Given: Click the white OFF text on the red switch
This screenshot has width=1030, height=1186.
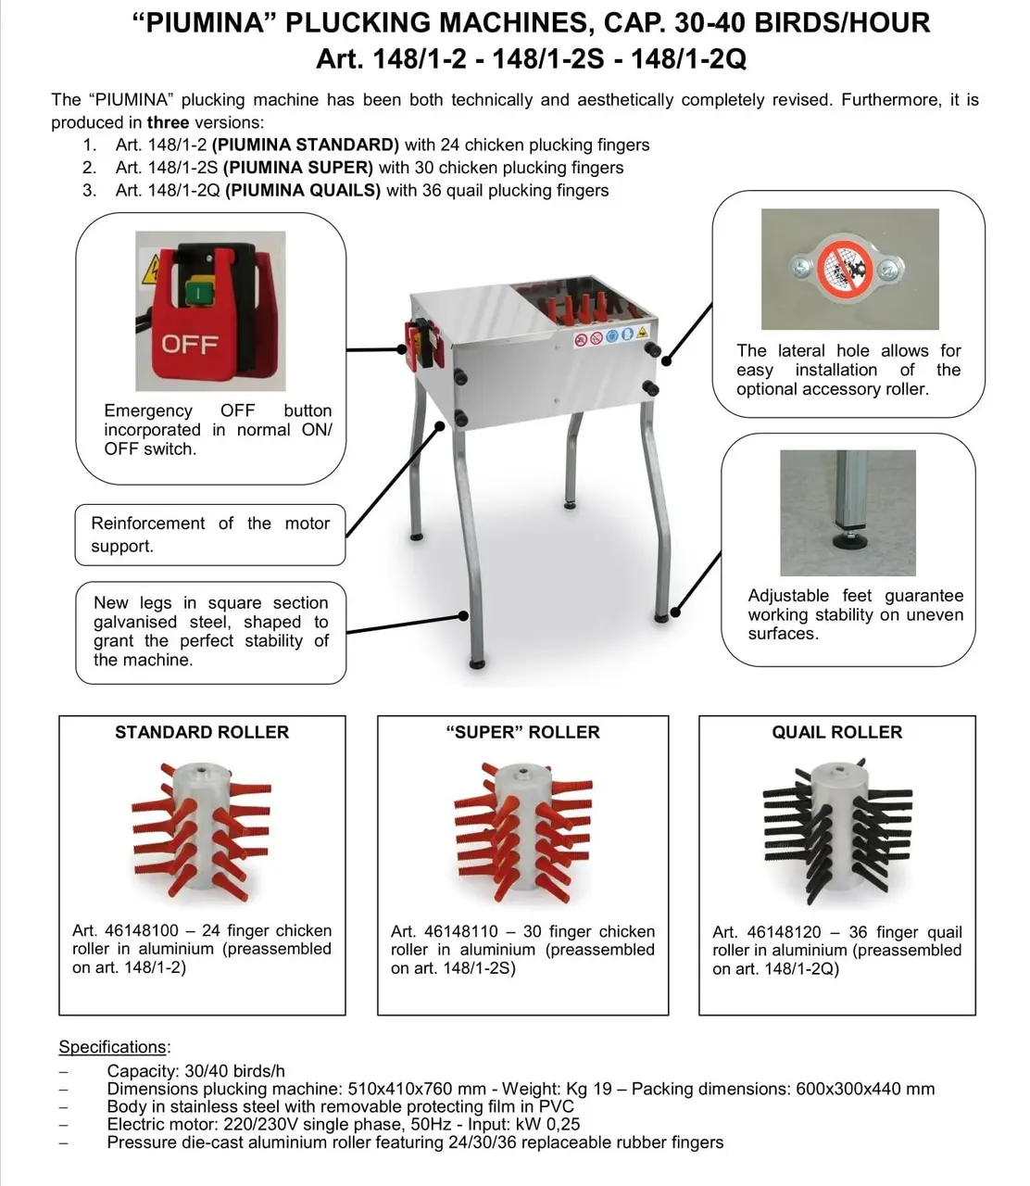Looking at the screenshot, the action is pyautogui.click(x=190, y=344).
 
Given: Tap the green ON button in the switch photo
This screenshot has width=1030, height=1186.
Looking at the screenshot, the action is pyautogui.click(x=198, y=292).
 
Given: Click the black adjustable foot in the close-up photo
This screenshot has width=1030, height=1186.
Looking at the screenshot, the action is pyautogui.click(x=848, y=541).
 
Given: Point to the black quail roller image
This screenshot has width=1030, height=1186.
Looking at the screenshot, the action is pyautogui.click(x=837, y=831).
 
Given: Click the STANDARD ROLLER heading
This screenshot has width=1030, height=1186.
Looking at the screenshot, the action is pyautogui.click(x=202, y=732).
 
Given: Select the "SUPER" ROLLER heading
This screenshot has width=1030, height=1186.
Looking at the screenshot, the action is pyautogui.click(x=522, y=732).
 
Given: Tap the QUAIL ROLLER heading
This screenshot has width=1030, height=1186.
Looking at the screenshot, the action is pyautogui.click(x=836, y=732).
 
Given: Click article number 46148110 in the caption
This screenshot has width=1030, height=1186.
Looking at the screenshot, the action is pyautogui.click(x=460, y=931).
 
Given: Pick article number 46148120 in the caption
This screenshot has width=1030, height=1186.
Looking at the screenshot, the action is pyautogui.click(x=784, y=931).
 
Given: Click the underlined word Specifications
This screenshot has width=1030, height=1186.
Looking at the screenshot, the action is pyautogui.click(x=112, y=1047).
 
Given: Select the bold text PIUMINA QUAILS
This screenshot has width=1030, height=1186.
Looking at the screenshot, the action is pyautogui.click(x=303, y=190).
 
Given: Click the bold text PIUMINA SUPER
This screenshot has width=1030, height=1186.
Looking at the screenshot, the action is pyautogui.click(x=298, y=168).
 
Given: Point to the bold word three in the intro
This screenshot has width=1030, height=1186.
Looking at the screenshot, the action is pyautogui.click(x=168, y=122).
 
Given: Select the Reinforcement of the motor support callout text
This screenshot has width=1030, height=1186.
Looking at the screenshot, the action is pyautogui.click(x=210, y=535).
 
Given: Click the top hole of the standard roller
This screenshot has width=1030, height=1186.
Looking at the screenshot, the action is pyautogui.click(x=201, y=770).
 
